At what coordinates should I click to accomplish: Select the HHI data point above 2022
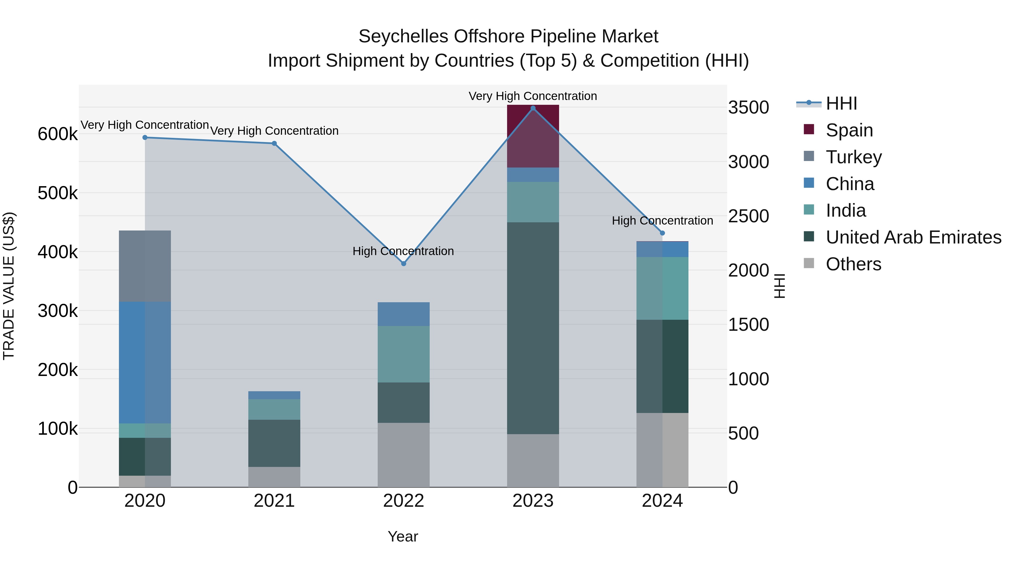(403, 263)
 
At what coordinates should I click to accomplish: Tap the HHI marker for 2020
(145, 137)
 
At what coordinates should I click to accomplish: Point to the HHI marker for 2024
(662, 233)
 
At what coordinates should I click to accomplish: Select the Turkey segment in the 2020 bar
(145, 266)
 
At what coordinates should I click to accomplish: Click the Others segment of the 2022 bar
(403, 455)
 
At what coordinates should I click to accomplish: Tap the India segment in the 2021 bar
(274, 409)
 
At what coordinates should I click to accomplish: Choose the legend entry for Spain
(849, 130)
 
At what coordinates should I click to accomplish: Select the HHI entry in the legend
(841, 103)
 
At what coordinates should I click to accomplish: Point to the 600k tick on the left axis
(58, 134)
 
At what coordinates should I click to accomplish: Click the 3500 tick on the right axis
(748, 107)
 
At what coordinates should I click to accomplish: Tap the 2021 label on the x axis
(274, 501)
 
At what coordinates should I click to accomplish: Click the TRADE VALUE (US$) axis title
(9, 286)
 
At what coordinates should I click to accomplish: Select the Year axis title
(403, 536)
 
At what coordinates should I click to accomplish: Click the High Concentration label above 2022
(403, 251)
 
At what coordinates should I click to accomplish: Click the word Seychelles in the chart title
(403, 36)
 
